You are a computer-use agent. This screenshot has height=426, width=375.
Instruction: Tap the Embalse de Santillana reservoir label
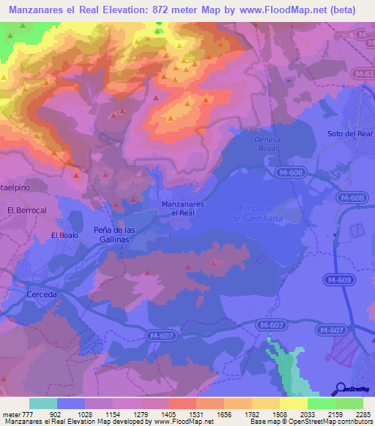[x=256, y=213]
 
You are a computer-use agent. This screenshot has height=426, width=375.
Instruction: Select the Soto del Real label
[x=350, y=133]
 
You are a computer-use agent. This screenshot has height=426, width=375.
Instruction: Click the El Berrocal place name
[x=26, y=210]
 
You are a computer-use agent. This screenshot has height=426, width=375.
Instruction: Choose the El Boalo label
[x=64, y=235]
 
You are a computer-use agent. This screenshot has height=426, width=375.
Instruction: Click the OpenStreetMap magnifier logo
[x=339, y=388]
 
